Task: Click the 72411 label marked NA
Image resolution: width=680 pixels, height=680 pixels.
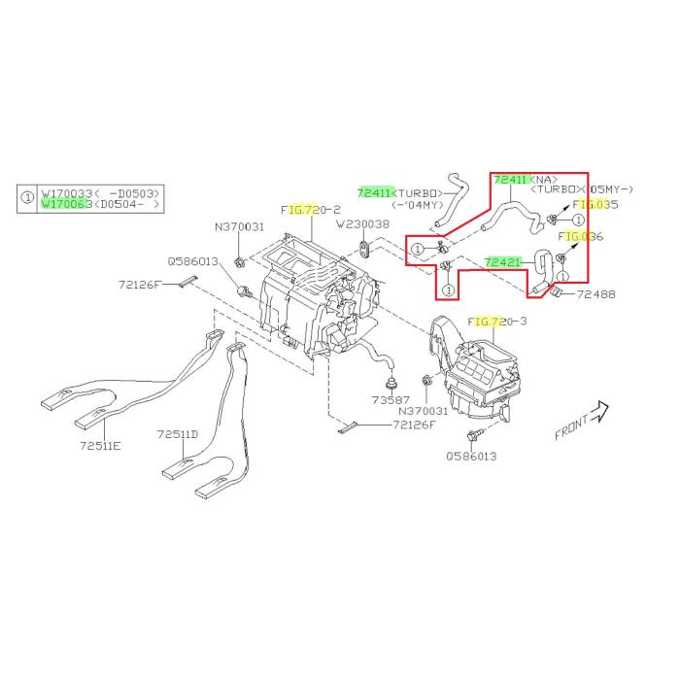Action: point(512,180)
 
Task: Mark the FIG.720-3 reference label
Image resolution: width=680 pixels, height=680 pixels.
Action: point(497,321)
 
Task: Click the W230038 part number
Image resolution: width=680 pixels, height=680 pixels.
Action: point(362,224)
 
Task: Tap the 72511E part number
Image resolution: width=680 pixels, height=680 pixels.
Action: point(100,446)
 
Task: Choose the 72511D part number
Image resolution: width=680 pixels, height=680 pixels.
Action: point(179,434)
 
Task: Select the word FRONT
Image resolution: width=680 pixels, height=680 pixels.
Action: point(571,428)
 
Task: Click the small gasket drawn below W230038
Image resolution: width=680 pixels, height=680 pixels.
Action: point(362,250)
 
